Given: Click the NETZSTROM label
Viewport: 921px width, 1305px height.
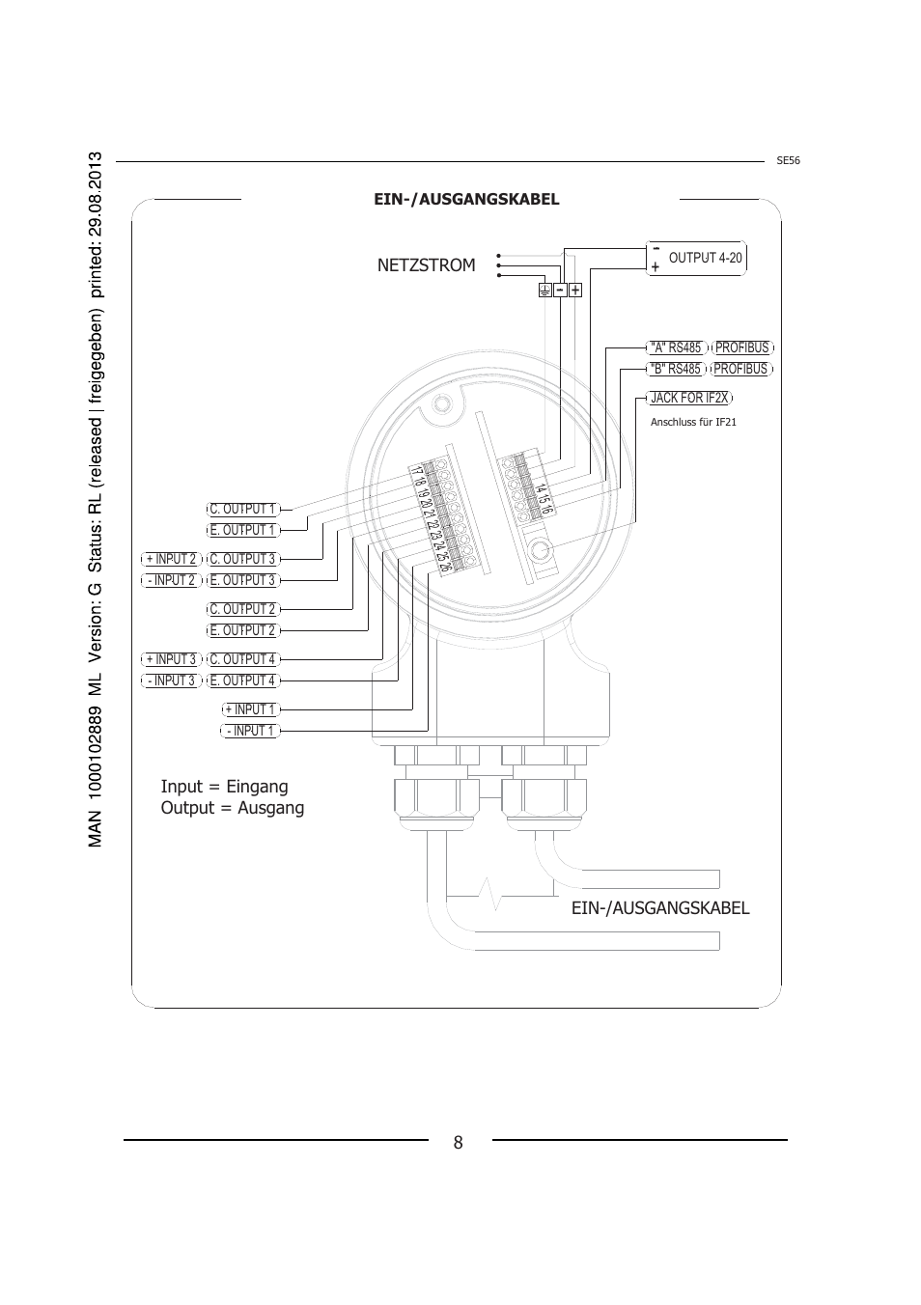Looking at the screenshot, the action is pos(426,265).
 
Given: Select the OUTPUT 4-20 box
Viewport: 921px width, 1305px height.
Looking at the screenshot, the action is pos(696,258).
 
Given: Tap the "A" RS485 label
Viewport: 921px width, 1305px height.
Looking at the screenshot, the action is pos(677,347).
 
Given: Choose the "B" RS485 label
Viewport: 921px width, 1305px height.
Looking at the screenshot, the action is pos(676,369).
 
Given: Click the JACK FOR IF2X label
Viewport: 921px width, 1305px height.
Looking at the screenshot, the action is pos(689,398).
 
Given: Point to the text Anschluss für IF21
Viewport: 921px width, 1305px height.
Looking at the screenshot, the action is pos(693,422).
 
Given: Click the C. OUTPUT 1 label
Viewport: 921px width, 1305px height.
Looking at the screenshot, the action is pos(243,510).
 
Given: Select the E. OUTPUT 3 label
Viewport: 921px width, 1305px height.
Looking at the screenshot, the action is pos(243,581).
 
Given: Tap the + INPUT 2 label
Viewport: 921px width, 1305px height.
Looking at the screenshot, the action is pos(171,559).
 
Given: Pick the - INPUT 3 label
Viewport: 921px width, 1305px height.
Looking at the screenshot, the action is pos(171,680).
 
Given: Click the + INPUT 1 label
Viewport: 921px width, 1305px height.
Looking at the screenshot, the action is pos(251,709).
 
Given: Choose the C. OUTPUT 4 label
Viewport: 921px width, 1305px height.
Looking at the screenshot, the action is pos(243,659).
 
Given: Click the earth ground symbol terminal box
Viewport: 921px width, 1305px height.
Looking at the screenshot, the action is pos(544,290).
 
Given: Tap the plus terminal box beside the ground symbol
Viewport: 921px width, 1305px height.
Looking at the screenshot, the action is pos(575,290).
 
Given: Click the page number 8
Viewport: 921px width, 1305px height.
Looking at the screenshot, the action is pos(458,1143).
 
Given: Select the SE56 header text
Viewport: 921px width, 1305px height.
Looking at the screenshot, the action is pos(788,161).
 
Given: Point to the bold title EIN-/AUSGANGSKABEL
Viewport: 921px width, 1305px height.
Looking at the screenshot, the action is pos(466,199).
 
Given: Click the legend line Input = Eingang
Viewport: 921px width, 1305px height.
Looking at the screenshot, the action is pos(224,787).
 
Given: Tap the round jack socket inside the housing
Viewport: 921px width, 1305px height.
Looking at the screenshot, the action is pos(540,550).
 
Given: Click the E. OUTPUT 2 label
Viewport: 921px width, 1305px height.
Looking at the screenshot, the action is pos(243,631).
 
